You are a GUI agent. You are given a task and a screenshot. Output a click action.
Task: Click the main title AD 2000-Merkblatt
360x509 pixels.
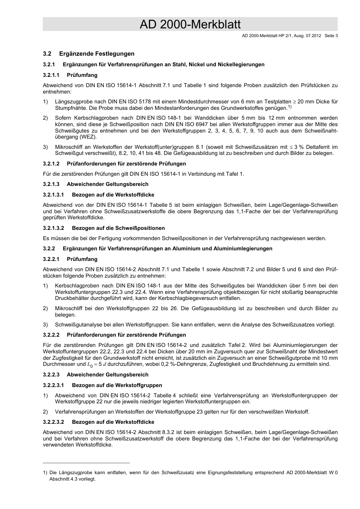(x=190, y=25)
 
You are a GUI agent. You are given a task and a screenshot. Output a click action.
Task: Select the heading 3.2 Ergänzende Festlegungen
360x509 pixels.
(x=89, y=54)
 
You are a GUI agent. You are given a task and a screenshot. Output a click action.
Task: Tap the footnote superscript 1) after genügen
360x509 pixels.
(x=289, y=107)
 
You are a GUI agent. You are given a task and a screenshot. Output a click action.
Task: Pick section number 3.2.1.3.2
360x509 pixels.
(x=53, y=228)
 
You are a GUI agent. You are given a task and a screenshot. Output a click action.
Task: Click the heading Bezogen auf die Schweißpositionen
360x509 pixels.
(x=118, y=228)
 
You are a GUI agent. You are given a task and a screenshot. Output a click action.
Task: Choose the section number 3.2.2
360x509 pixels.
(x=49, y=249)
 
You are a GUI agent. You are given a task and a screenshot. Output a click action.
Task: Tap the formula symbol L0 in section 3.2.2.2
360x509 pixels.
(x=90, y=365)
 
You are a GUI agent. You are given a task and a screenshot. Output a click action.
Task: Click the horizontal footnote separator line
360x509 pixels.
(x=86, y=463)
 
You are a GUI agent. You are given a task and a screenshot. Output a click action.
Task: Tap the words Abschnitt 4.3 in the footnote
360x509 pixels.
(x=64, y=479)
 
